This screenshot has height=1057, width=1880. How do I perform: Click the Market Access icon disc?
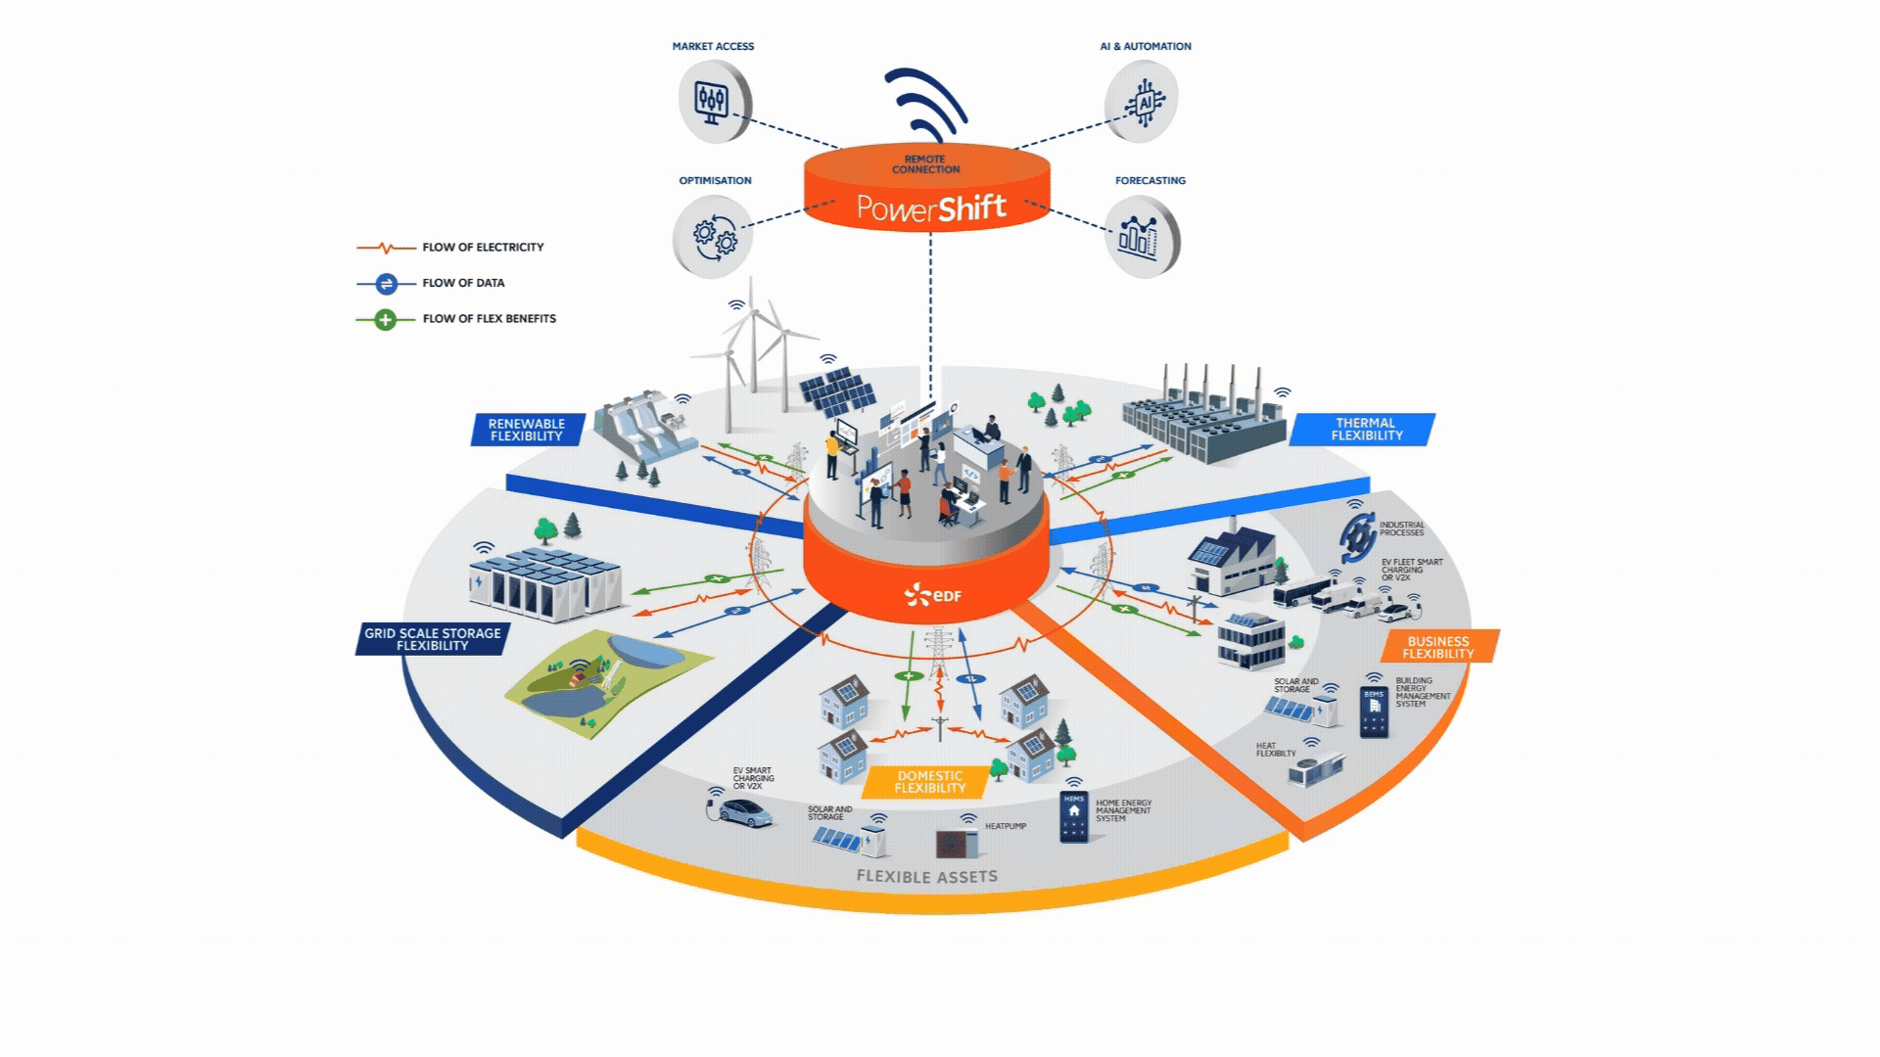click(x=714, y=100)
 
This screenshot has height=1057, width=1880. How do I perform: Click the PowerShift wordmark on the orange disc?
click(x=930, y=207)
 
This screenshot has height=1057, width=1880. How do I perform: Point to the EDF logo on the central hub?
click(x=926, y=594)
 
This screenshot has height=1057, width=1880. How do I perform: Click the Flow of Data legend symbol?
click(x=386, y=283)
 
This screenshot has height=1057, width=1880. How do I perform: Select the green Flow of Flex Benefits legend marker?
click(x=386, y=319)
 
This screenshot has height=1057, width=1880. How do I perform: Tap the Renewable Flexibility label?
click(x=527, y=430)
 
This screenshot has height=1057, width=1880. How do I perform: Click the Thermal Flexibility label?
click(x=1365, y=429)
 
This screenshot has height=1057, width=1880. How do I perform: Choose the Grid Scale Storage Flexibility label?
click(x=433, y=639)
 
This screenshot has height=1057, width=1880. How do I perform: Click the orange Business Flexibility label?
click(x=1437, y=647)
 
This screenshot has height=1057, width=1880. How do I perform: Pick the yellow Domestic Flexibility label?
click(x=929, y=781)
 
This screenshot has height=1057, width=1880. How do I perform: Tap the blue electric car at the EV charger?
click(x=746, y=811)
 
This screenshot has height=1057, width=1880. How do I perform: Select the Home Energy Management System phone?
click(x=1074, y=817)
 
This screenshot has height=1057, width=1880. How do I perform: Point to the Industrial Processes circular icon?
click(x=1356, y=538)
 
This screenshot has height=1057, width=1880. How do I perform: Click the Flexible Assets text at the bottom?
click(x=926, y=877)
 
